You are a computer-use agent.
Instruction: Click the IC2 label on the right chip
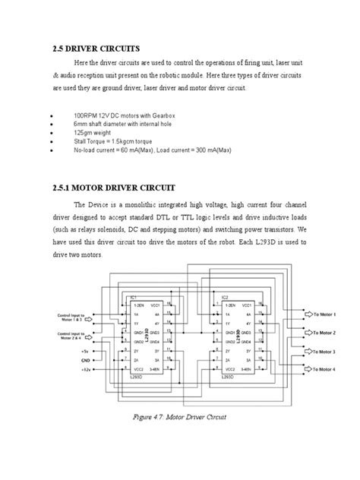click(x=225, y=298)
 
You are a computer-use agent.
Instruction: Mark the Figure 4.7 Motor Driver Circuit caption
click(x=180, y=417)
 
